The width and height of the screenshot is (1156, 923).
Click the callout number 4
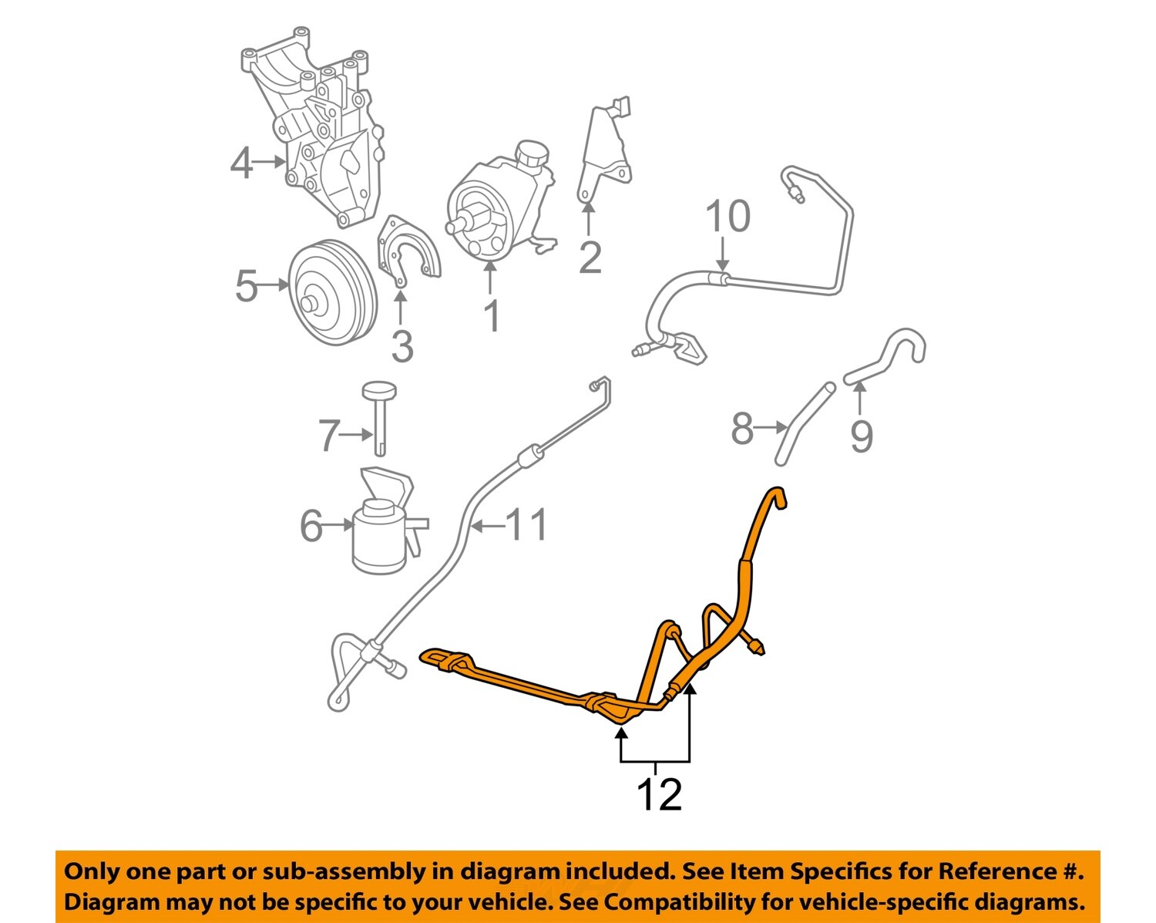pos(241,163)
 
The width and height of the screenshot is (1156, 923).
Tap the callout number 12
pos(660,794)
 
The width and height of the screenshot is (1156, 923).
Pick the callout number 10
pos(728,217)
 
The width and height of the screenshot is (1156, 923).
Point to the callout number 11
pos(527,525)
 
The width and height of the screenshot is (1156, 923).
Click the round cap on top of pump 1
pos(533,153)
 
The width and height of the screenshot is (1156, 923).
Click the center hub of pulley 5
pos(312,303)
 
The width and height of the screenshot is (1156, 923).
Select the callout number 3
pos(402,347)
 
